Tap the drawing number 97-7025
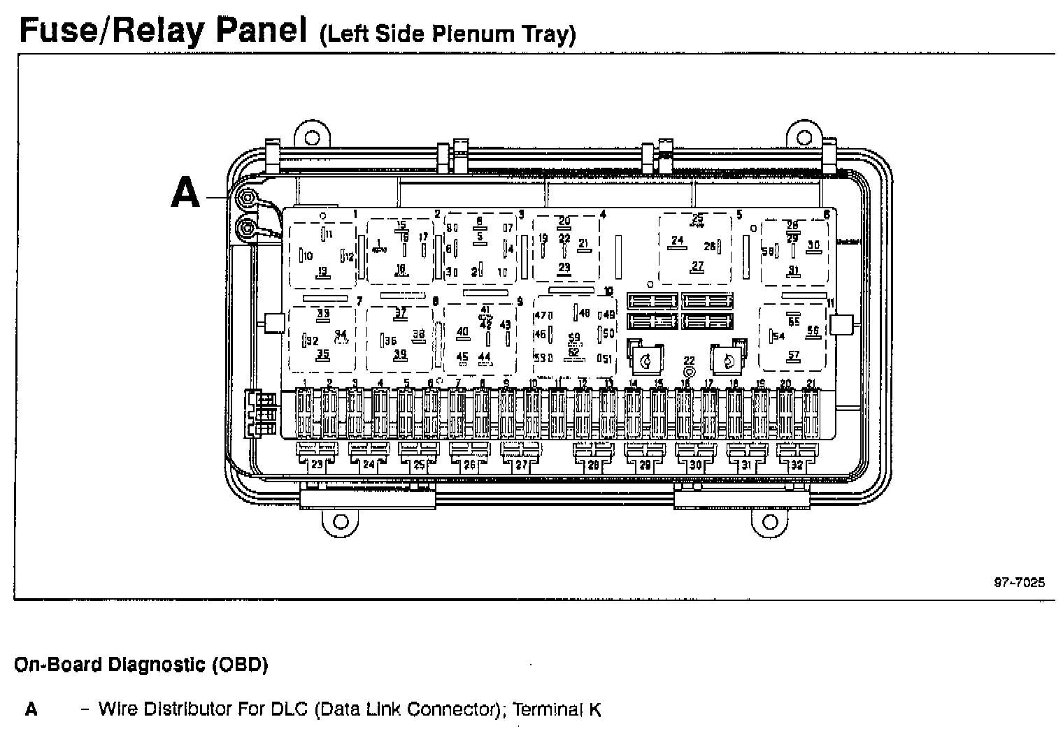coord(1020,582)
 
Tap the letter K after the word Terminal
coord(594,710)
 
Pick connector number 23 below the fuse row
coord(318,464)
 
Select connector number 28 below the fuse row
coord(594,464)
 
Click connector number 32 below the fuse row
coord(797,464)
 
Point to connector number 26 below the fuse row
coord(469,464)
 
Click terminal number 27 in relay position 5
coord(697,266)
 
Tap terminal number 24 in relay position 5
coord(676,241)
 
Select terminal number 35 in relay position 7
coord(322,354)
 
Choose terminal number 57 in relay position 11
coord(793,356)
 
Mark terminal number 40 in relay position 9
coord(462,332)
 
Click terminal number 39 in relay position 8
coord(399,354)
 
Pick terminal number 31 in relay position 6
coord(793,270)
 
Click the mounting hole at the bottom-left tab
coord(340,522)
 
